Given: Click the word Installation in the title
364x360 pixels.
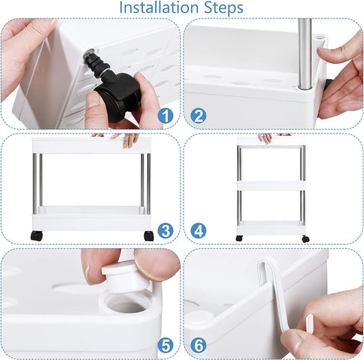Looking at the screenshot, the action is click(x=159, y=7).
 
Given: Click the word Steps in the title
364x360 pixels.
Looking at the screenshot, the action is click(x=224, y=8).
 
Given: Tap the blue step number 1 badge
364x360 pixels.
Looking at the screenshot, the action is click(x=166, y=116).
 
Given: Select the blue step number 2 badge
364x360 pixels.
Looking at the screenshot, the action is click(x=198, y=116).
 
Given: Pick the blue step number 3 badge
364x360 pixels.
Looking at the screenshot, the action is click(x=166, y=231).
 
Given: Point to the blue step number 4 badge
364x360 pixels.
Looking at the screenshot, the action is click(x=198, y=231).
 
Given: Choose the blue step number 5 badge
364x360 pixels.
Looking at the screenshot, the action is click(x=166, y=345).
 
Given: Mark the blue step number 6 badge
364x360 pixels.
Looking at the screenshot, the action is click(x=198, y=345).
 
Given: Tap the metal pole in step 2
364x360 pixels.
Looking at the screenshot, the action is click(x=305, y=53).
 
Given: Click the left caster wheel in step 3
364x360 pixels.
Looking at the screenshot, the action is click(x=36, y=235).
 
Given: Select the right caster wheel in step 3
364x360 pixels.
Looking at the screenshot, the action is click(x=149, y=236).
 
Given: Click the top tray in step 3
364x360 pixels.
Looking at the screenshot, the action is click(x=91, y=145).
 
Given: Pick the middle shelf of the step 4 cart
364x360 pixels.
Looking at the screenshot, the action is click(x=271, y=186).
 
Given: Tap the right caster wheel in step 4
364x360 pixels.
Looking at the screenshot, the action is click(x=305, y=239).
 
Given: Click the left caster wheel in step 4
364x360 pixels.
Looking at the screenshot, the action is click(x=239, y=238).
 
